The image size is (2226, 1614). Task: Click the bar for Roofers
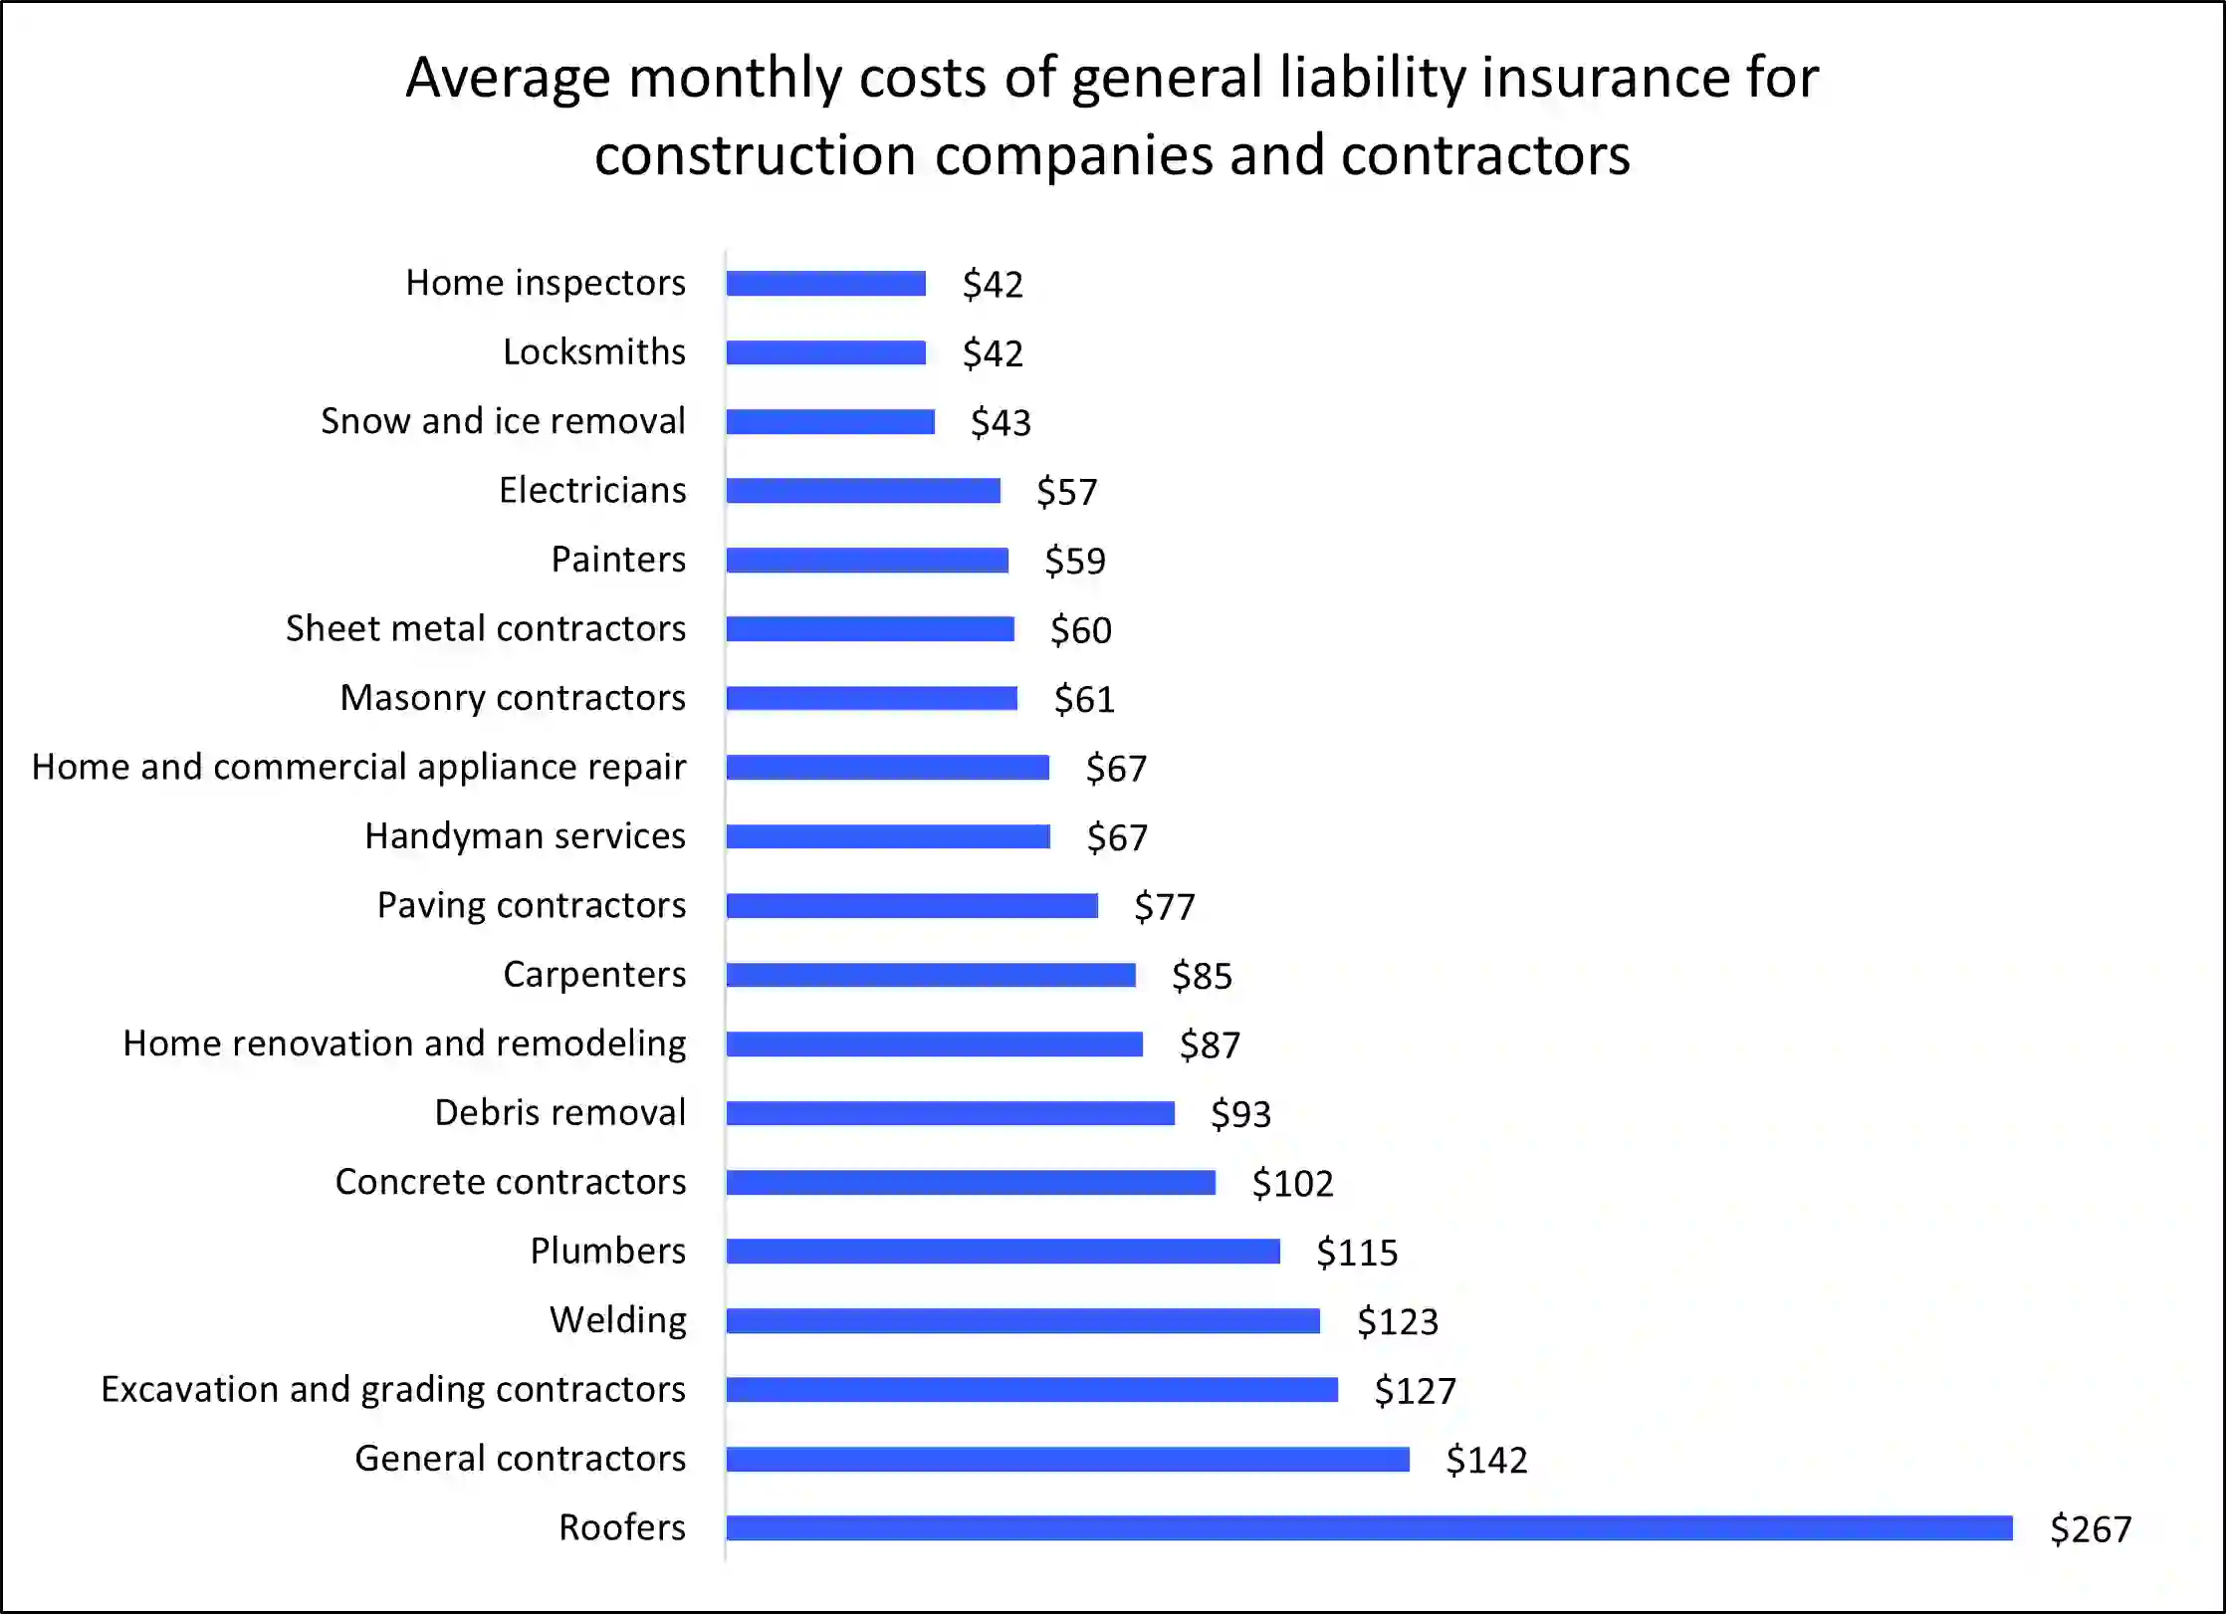1369,1527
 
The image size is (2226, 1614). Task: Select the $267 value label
2091,1529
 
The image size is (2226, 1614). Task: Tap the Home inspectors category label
546,283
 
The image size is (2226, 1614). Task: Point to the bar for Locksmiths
826,352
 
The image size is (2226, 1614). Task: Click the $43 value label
1001,422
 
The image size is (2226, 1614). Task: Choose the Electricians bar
863,491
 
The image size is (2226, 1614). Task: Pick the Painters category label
618,560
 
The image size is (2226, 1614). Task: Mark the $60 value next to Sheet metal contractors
1080,630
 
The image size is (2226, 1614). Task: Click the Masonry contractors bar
872,698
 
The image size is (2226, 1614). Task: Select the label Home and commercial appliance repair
359,767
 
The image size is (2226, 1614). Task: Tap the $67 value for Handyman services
1117,837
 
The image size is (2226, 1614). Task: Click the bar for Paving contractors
912,905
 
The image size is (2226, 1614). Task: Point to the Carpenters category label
594,974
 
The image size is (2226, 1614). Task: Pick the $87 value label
1210,1045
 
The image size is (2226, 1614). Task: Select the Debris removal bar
951,1113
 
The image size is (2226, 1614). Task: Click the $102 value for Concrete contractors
1292,1183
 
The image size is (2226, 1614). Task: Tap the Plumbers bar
1003,1252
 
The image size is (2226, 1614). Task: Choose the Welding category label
618,1320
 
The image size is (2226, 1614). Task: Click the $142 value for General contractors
1486,1460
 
